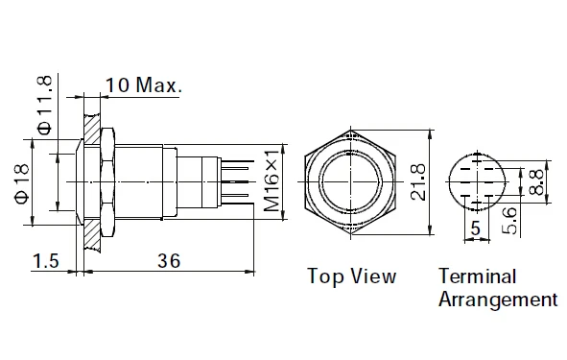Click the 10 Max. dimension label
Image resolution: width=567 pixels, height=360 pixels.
[144, 85]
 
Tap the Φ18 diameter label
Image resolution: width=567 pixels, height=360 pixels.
[21, 183]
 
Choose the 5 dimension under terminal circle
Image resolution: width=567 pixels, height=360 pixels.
[476, 228]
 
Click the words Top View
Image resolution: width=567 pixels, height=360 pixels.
[351, 276]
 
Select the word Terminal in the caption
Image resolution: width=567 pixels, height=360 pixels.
[477, 276]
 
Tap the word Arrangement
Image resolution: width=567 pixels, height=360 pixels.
[497, 299]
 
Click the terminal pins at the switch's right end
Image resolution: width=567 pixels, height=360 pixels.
[238, 180]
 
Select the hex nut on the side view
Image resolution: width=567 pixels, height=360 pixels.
[107, 180]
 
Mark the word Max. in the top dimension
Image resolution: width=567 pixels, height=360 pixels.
[159, 85]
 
